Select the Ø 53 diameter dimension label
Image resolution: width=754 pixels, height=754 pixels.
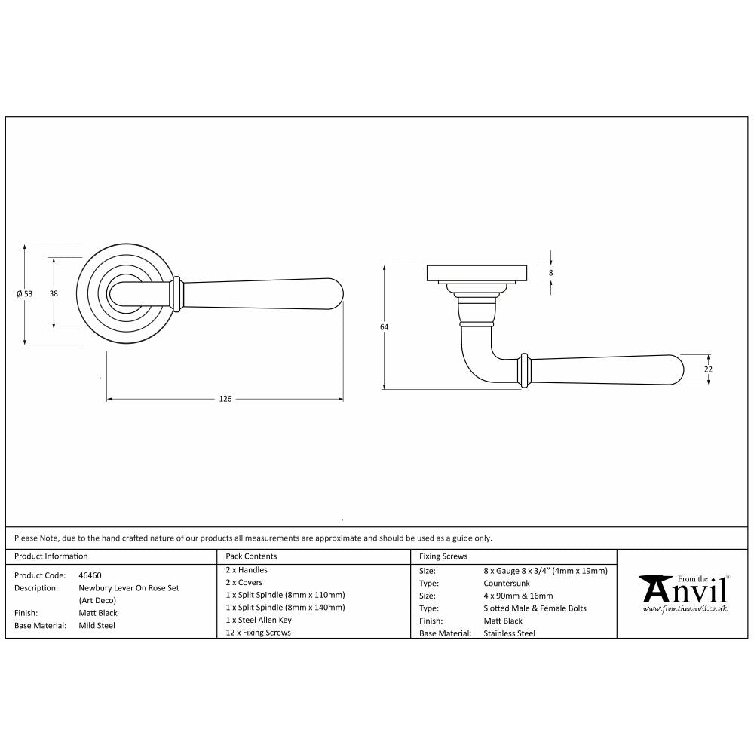point(25,294)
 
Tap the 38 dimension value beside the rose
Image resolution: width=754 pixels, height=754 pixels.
point(54,293)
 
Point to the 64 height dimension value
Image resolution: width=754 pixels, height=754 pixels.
point(384,326)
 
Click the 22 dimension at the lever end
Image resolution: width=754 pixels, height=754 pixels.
point(709,369)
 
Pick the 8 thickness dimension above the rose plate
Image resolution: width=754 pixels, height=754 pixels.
point(551,272)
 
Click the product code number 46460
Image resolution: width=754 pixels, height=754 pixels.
point(90,575)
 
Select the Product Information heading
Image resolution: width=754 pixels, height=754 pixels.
point(51,556)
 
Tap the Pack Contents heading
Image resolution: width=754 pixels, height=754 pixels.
point(251,556)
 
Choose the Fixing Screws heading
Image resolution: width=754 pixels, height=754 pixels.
point(443,556)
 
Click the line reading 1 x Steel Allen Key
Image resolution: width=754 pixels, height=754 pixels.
point(259,620)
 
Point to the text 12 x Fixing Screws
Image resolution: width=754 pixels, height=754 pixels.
point(258,633)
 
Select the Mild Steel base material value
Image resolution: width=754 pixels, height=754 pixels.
point(97,625)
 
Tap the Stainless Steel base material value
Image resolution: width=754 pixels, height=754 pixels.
point(509,633)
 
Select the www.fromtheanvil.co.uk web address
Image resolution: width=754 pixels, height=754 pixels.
point(685,608)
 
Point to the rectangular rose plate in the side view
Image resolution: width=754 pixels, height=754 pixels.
point(477,272)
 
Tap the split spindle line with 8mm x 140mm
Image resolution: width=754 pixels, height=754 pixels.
point(286,607)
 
